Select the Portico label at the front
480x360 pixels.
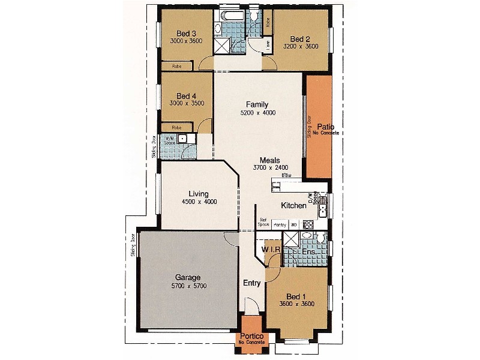pyautogui.click(x=248, y=337)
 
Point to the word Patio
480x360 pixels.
pyautogui.click(x=326, y=127)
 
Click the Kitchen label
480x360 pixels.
pyautogui.click(x=294, y=206)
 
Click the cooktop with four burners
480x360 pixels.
pyautogui.click(x=308, y=224)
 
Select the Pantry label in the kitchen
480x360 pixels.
pyautogui.click(x=280, y=224)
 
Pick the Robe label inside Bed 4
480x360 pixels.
pyautogui.click(x=177, y=127)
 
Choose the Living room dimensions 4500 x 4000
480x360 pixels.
pyautogui.click(x=199, y=202)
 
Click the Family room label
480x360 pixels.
pyautogui.click(x=257, y=104)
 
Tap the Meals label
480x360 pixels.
pyautogui.click(x=270, y=160)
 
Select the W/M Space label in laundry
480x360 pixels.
pyautogui.click(x=171, y=140)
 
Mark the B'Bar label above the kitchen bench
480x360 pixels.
pyautogui.click(x=295, y=175)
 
